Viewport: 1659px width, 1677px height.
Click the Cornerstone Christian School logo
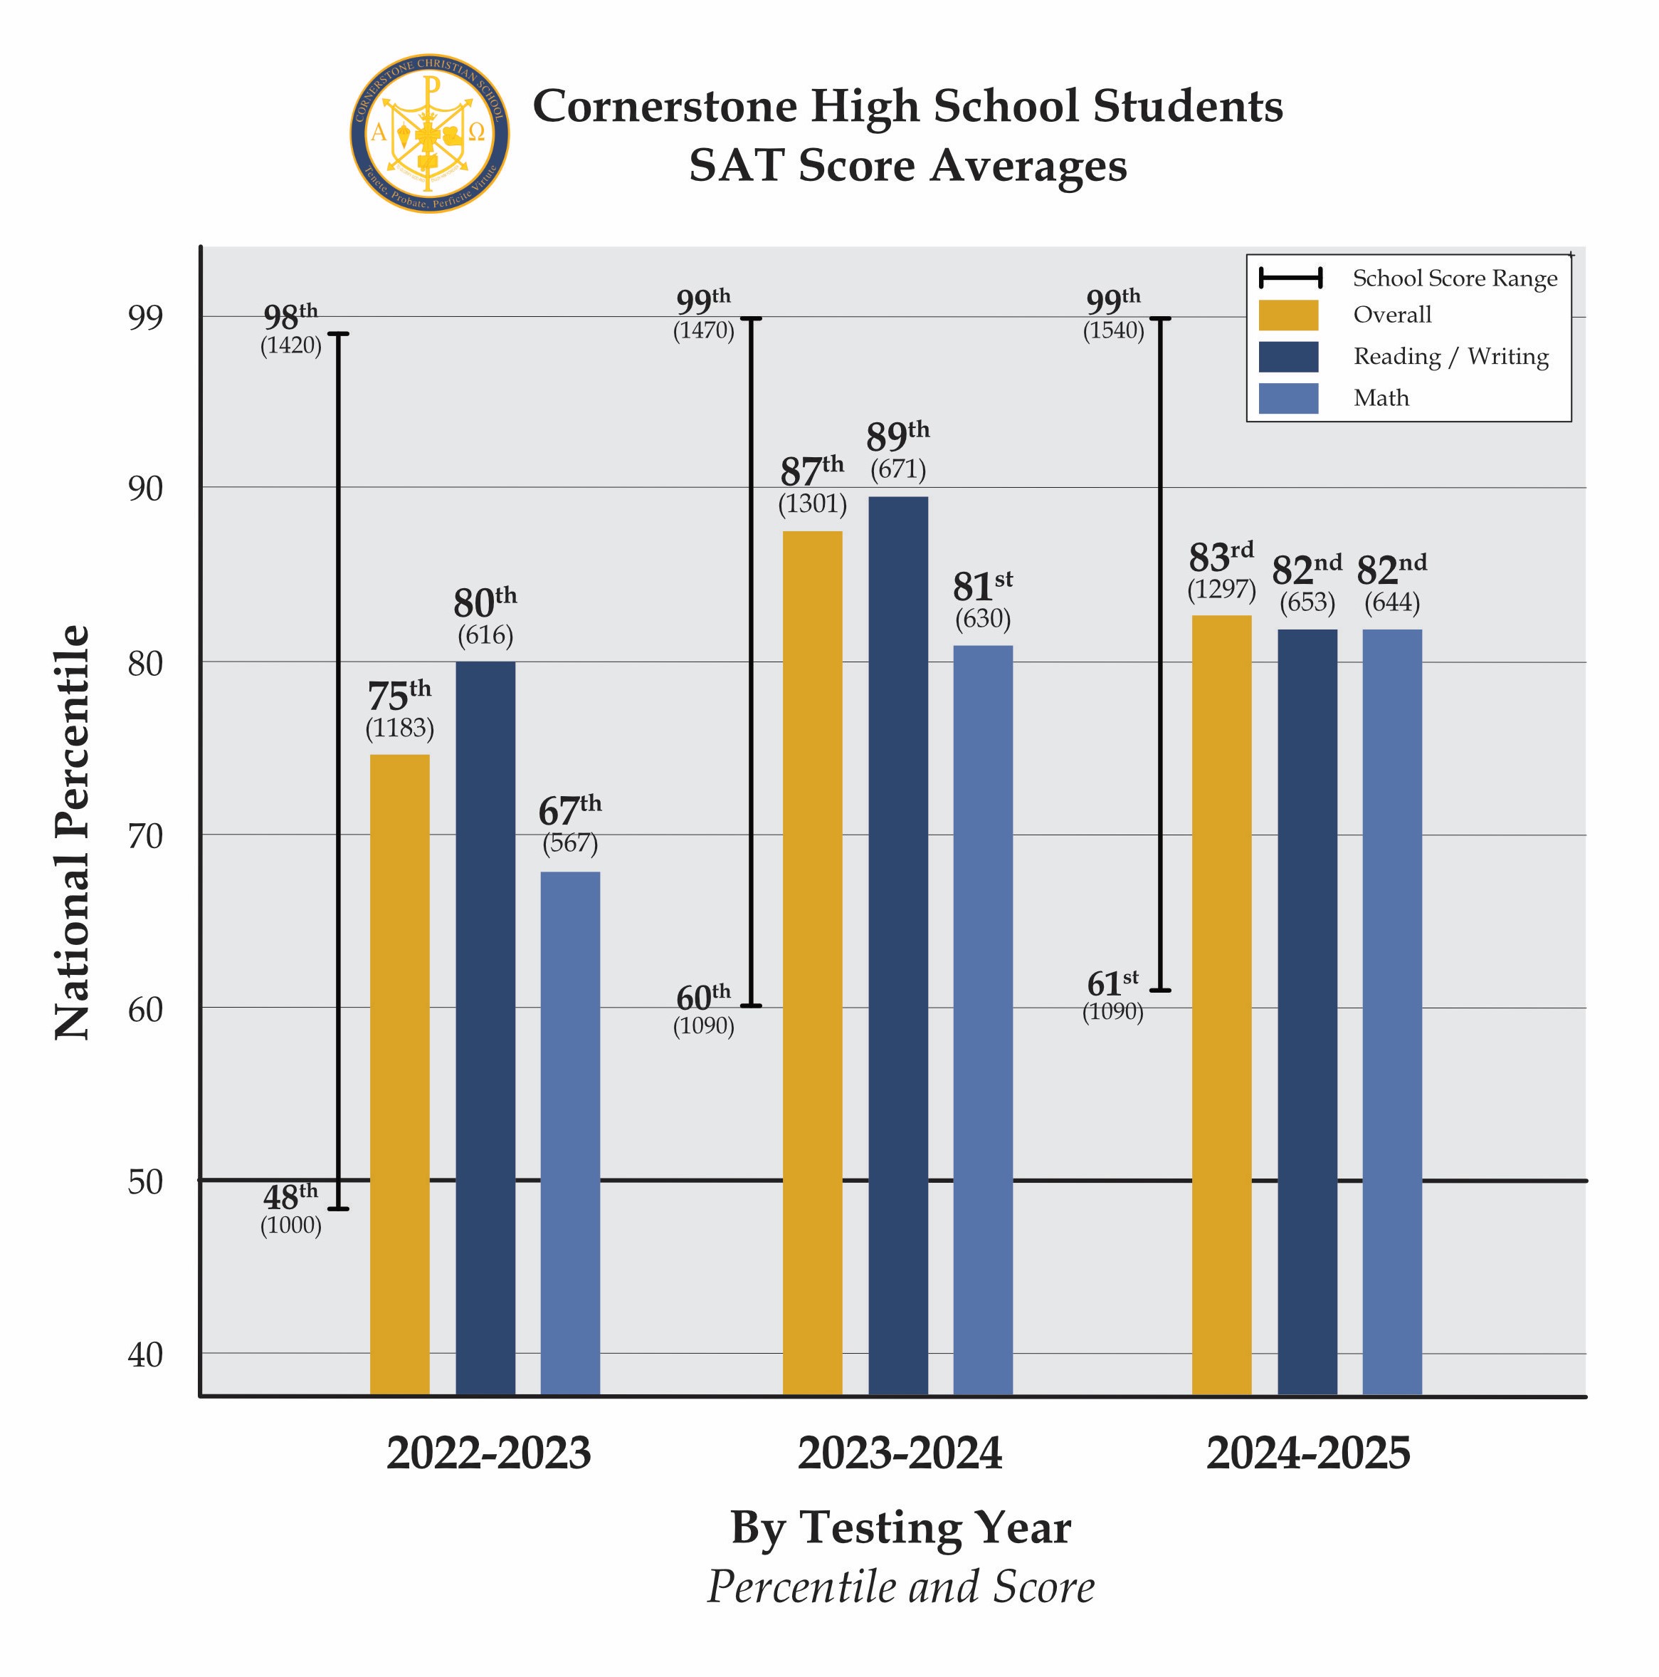point(429,134)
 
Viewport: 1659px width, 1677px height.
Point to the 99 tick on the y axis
point(145,318)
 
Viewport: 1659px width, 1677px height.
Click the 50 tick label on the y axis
point(145,1181)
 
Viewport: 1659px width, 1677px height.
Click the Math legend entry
point(1381,398)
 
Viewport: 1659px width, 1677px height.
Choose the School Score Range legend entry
point(1454,278)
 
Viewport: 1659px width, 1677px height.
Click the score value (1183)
point(399,727)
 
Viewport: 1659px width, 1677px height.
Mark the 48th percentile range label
point(290,1197)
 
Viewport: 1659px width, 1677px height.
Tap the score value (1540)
point(1112,330)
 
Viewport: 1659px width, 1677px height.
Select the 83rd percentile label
point(1220,556)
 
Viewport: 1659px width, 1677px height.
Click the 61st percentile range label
point(1112,983)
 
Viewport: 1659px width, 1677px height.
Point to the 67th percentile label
point(569,810)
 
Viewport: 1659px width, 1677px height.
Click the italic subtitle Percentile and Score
point(900,1587)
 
